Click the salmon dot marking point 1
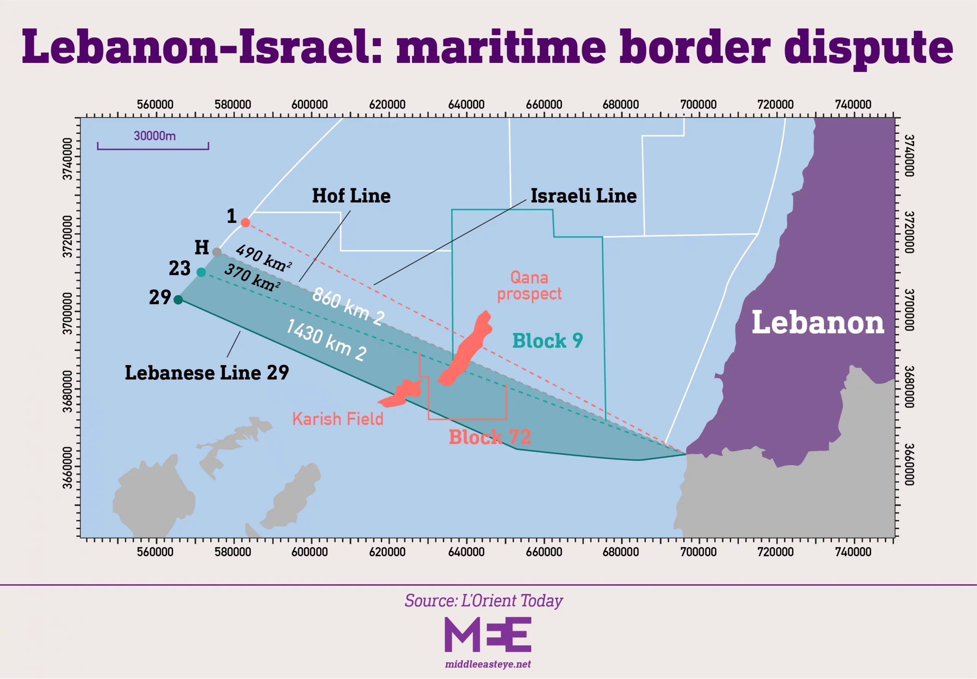point(245,222)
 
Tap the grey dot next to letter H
point(217,252)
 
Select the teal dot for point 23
point(201,272)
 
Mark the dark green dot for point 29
point(178,300)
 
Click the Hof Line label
point(351,196)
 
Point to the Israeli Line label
point(584,196)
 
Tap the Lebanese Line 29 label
point(207,372)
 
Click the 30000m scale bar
point(153,146)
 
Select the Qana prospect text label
point(529,286)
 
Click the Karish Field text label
point(338,419)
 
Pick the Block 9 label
point(548,340)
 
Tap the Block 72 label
point(490,437)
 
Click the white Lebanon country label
point(818,322)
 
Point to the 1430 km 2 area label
point(326,340)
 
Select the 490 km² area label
point(264,258)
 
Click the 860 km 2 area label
point(348,306)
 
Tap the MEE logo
point(488,634)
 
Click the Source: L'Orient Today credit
point(484,600)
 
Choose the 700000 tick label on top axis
point(698,104)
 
